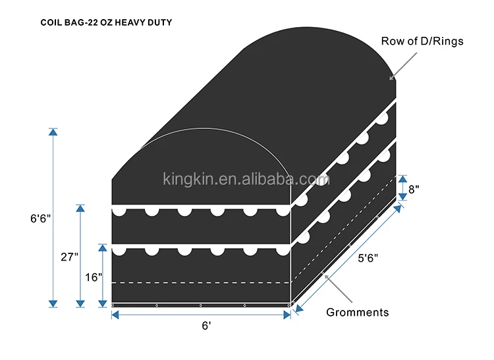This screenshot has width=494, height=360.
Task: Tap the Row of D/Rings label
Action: tap(422, 41)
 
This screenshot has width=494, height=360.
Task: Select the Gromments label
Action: tap(358, 313)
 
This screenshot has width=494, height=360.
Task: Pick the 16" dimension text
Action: tap(92, 277)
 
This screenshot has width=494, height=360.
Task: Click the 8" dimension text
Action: tap(413, 188)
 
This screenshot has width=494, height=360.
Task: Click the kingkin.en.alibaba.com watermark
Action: tap(246, 178)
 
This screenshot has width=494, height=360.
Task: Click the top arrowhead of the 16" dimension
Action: tap(102, 248)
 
